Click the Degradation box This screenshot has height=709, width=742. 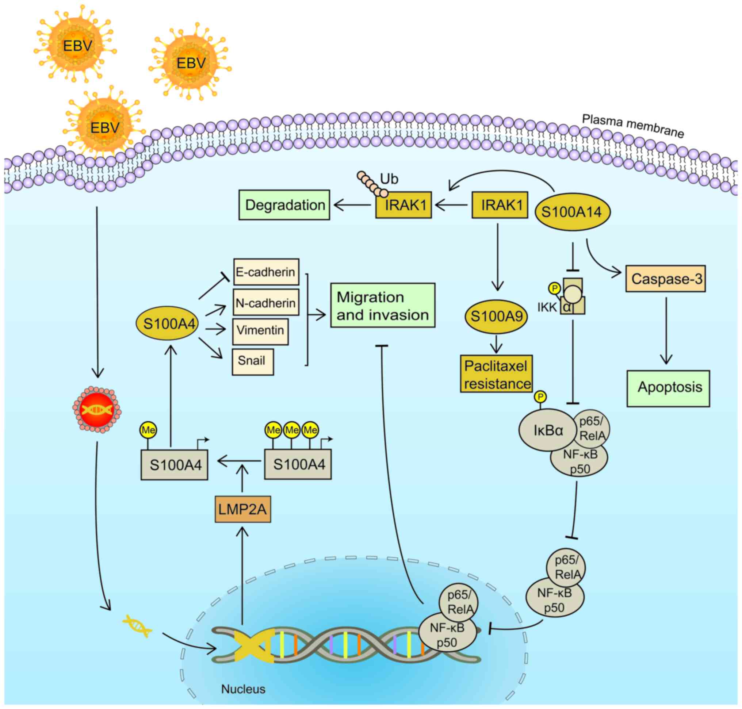(x=284, y=205)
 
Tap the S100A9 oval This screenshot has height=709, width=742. (x=496, y=316)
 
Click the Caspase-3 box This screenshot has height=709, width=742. (x=666, y=279)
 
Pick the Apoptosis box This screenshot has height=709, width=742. (x=668, y=388)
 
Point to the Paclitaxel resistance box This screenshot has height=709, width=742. (x=496, y=374)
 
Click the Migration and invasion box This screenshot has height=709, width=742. (x=383, y=305)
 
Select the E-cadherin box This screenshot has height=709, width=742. (x=266, y=272)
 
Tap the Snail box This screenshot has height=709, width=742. (x=252, y=362)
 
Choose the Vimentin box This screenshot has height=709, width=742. (x=260, y=331)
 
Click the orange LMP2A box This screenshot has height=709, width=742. (x=243, y=509)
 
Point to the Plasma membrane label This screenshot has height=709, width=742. (x=633, y=126)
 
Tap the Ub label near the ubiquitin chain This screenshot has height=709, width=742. (x=389, y=179)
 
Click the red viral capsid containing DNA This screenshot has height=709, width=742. (x=97, y=410)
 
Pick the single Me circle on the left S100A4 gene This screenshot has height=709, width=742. (x=148, y=430)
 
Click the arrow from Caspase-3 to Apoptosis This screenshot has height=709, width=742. (x=666, y=331)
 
